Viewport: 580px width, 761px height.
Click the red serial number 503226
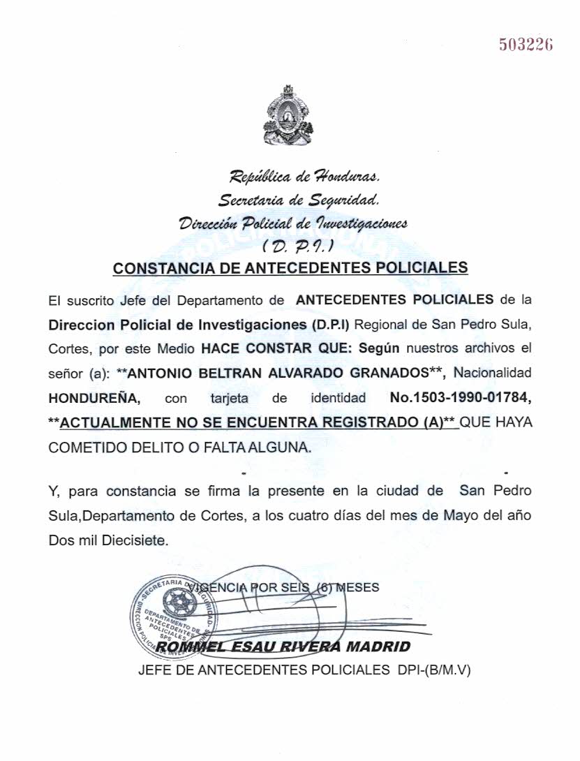pyautogui.click(x=526, y=45)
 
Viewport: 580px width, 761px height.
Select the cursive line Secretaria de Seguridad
pyautogui.click(x=299, y=202)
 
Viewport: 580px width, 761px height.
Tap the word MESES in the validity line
pyautogui.click(x=358, y=587)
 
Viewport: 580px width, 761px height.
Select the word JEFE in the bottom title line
pyautogui.click(x=155, y=670)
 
